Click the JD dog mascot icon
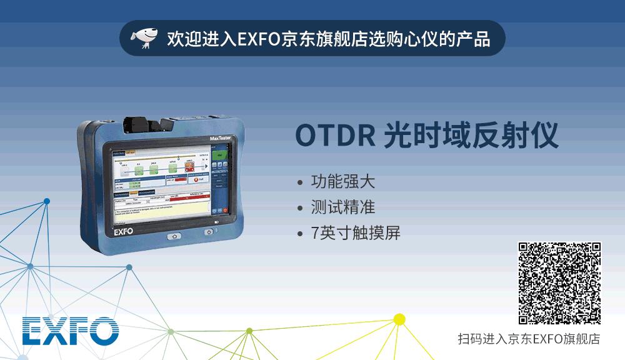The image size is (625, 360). coord(144,38)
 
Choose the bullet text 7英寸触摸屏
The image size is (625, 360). coord(356,233)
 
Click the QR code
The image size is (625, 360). coord(559,283)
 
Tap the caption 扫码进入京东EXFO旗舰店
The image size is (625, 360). coord(529,339)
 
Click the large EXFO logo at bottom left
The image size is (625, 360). coord(71,331)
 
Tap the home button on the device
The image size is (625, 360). coord(173,236)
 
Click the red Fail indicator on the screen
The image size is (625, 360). coord(197,180)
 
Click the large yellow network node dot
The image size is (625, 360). coord(399,319)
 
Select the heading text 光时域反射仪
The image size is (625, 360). coord(471,136)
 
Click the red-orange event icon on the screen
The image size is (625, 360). coord(190,166)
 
